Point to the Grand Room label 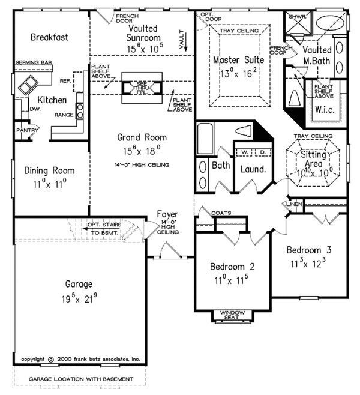point(142,138)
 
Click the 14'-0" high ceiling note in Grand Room point(142,164)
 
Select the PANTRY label point(28,129)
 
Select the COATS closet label point(213,212)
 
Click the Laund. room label point(253,170)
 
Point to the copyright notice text point(80,358)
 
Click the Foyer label point(167,214)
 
